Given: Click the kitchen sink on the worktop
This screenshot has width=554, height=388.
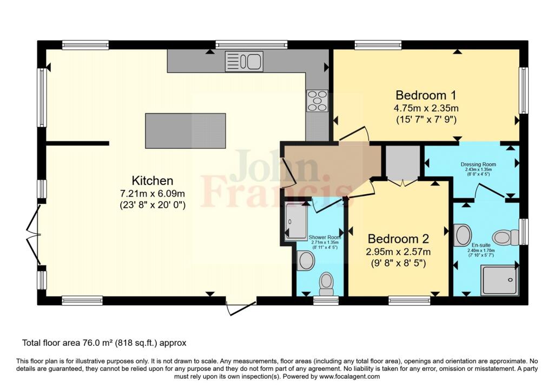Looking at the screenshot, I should [x=244, y=61].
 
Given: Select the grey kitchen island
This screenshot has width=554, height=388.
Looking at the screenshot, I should [x=185, y=130].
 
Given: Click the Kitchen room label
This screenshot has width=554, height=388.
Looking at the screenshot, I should [x=153, y=181].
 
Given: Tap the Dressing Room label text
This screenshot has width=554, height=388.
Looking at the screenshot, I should [x=478, y=164].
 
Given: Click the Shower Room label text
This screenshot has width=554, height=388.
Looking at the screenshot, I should [x=325, y=238].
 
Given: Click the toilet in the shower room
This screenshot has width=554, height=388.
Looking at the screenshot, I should [x=326, y=282].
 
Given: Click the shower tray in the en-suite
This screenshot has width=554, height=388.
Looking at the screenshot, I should [x=499, y=280].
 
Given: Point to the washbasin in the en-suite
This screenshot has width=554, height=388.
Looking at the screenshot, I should [x=463, y=235].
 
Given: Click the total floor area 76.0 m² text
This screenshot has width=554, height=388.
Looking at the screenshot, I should [x=104, y=343].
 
